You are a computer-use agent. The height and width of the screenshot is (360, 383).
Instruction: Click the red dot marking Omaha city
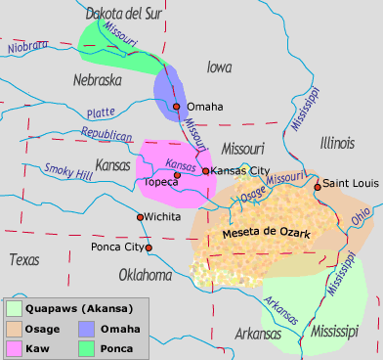point(177,106)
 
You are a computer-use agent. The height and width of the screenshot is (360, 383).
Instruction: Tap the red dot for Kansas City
point(205,171)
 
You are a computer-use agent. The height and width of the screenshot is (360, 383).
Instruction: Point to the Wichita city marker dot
point(141,216)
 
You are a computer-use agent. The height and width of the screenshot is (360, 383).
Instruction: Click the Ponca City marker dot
point(149,247)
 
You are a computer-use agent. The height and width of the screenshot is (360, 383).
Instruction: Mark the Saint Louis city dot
point(318,186)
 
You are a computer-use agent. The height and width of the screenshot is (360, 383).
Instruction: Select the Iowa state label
point(220,67)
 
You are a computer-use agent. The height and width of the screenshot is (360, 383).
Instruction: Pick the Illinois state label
point(337,143)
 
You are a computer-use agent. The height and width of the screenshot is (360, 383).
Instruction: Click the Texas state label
point(23,259)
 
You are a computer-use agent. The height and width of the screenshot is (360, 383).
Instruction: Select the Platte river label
point(100,112)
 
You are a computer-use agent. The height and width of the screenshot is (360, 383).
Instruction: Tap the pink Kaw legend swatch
point(16,346)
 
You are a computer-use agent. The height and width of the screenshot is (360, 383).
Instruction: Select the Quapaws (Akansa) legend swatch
point(16,307)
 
